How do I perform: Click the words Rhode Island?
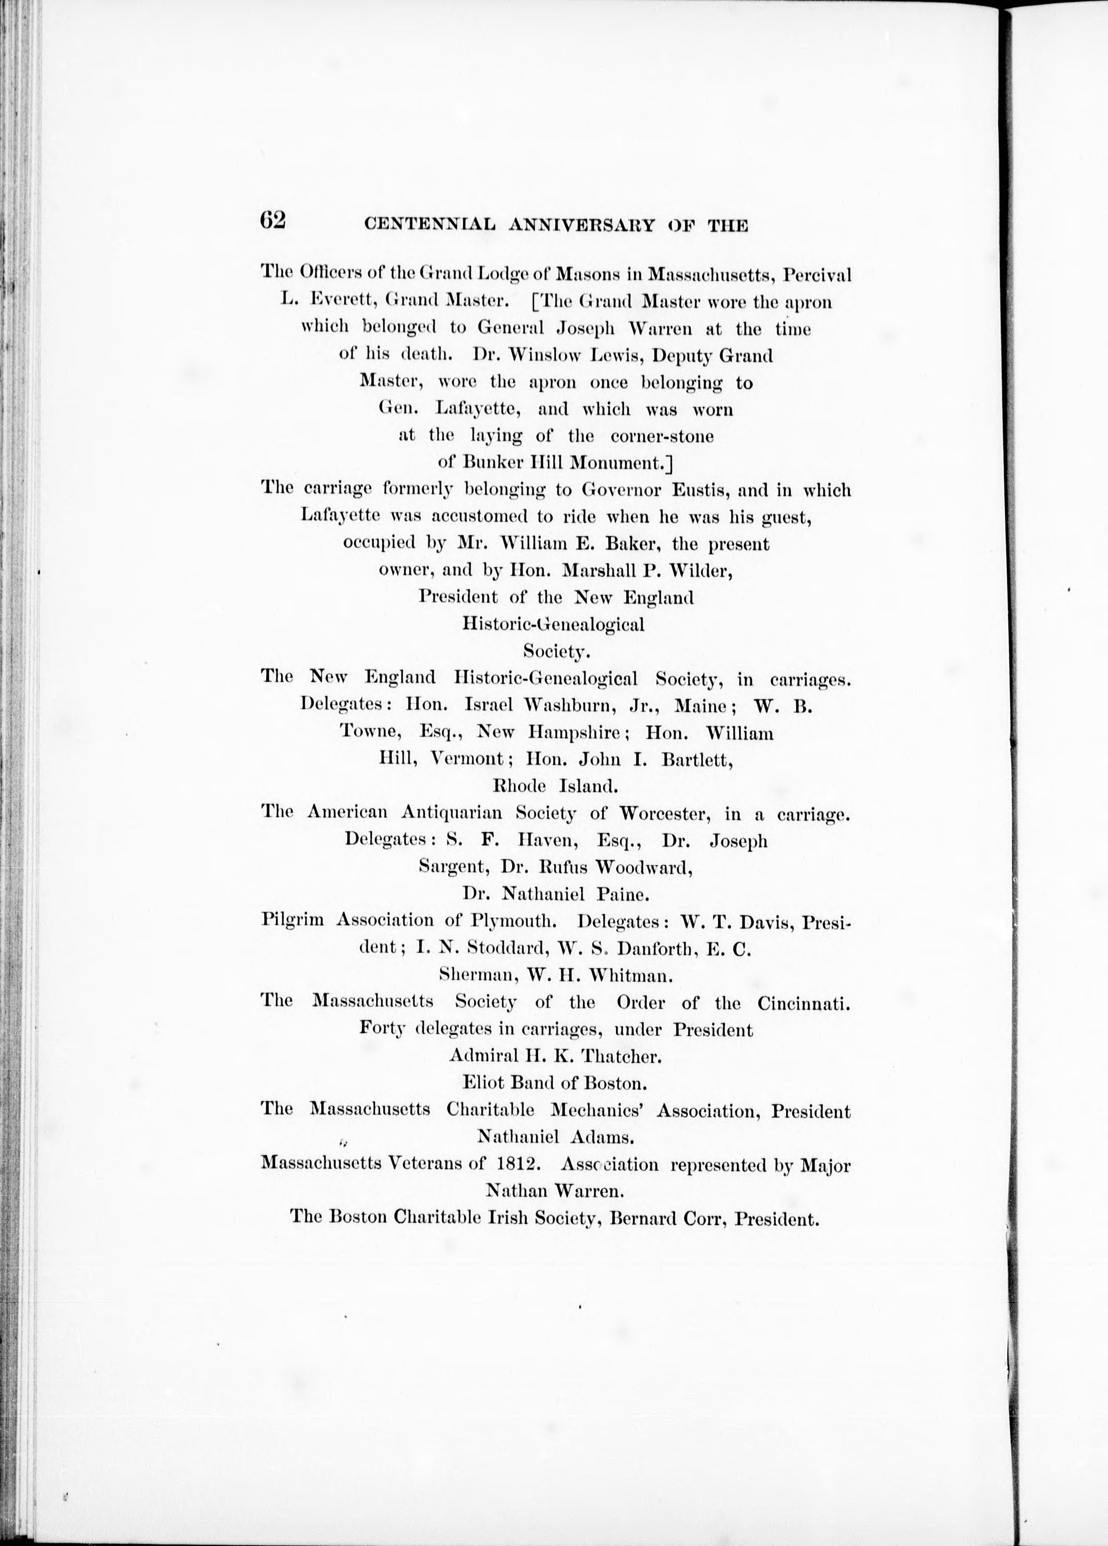tap(555, 786)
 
